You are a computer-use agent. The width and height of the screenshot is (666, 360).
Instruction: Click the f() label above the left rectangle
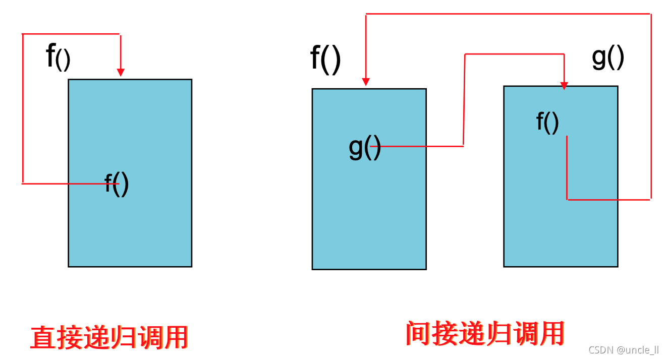[58, 57]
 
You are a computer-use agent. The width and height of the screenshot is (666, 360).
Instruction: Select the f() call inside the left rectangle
[117, 184]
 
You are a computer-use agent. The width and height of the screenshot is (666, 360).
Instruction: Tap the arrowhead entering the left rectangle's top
[120, 73]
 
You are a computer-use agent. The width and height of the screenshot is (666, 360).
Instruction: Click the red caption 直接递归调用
[109, 337]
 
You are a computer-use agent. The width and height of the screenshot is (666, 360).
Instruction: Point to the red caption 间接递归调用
[485, 333]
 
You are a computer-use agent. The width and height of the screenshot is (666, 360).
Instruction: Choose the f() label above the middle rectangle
[325, 59]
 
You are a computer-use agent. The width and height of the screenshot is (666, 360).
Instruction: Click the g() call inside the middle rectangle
[364, 147]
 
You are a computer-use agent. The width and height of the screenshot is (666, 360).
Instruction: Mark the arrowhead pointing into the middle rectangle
[366, 82]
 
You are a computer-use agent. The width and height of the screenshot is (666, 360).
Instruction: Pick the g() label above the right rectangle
[607, 58]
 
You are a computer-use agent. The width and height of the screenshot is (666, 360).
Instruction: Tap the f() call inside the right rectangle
[547, 122]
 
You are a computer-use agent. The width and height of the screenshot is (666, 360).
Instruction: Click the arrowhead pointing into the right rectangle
[564, 86]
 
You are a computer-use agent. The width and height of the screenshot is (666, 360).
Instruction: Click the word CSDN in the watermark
[599, 350]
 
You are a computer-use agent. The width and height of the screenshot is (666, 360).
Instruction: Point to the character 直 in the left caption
[43, 337]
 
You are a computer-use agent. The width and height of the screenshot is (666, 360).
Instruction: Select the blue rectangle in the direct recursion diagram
[130, 227]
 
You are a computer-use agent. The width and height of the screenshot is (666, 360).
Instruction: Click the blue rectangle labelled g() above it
[561, 232]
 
